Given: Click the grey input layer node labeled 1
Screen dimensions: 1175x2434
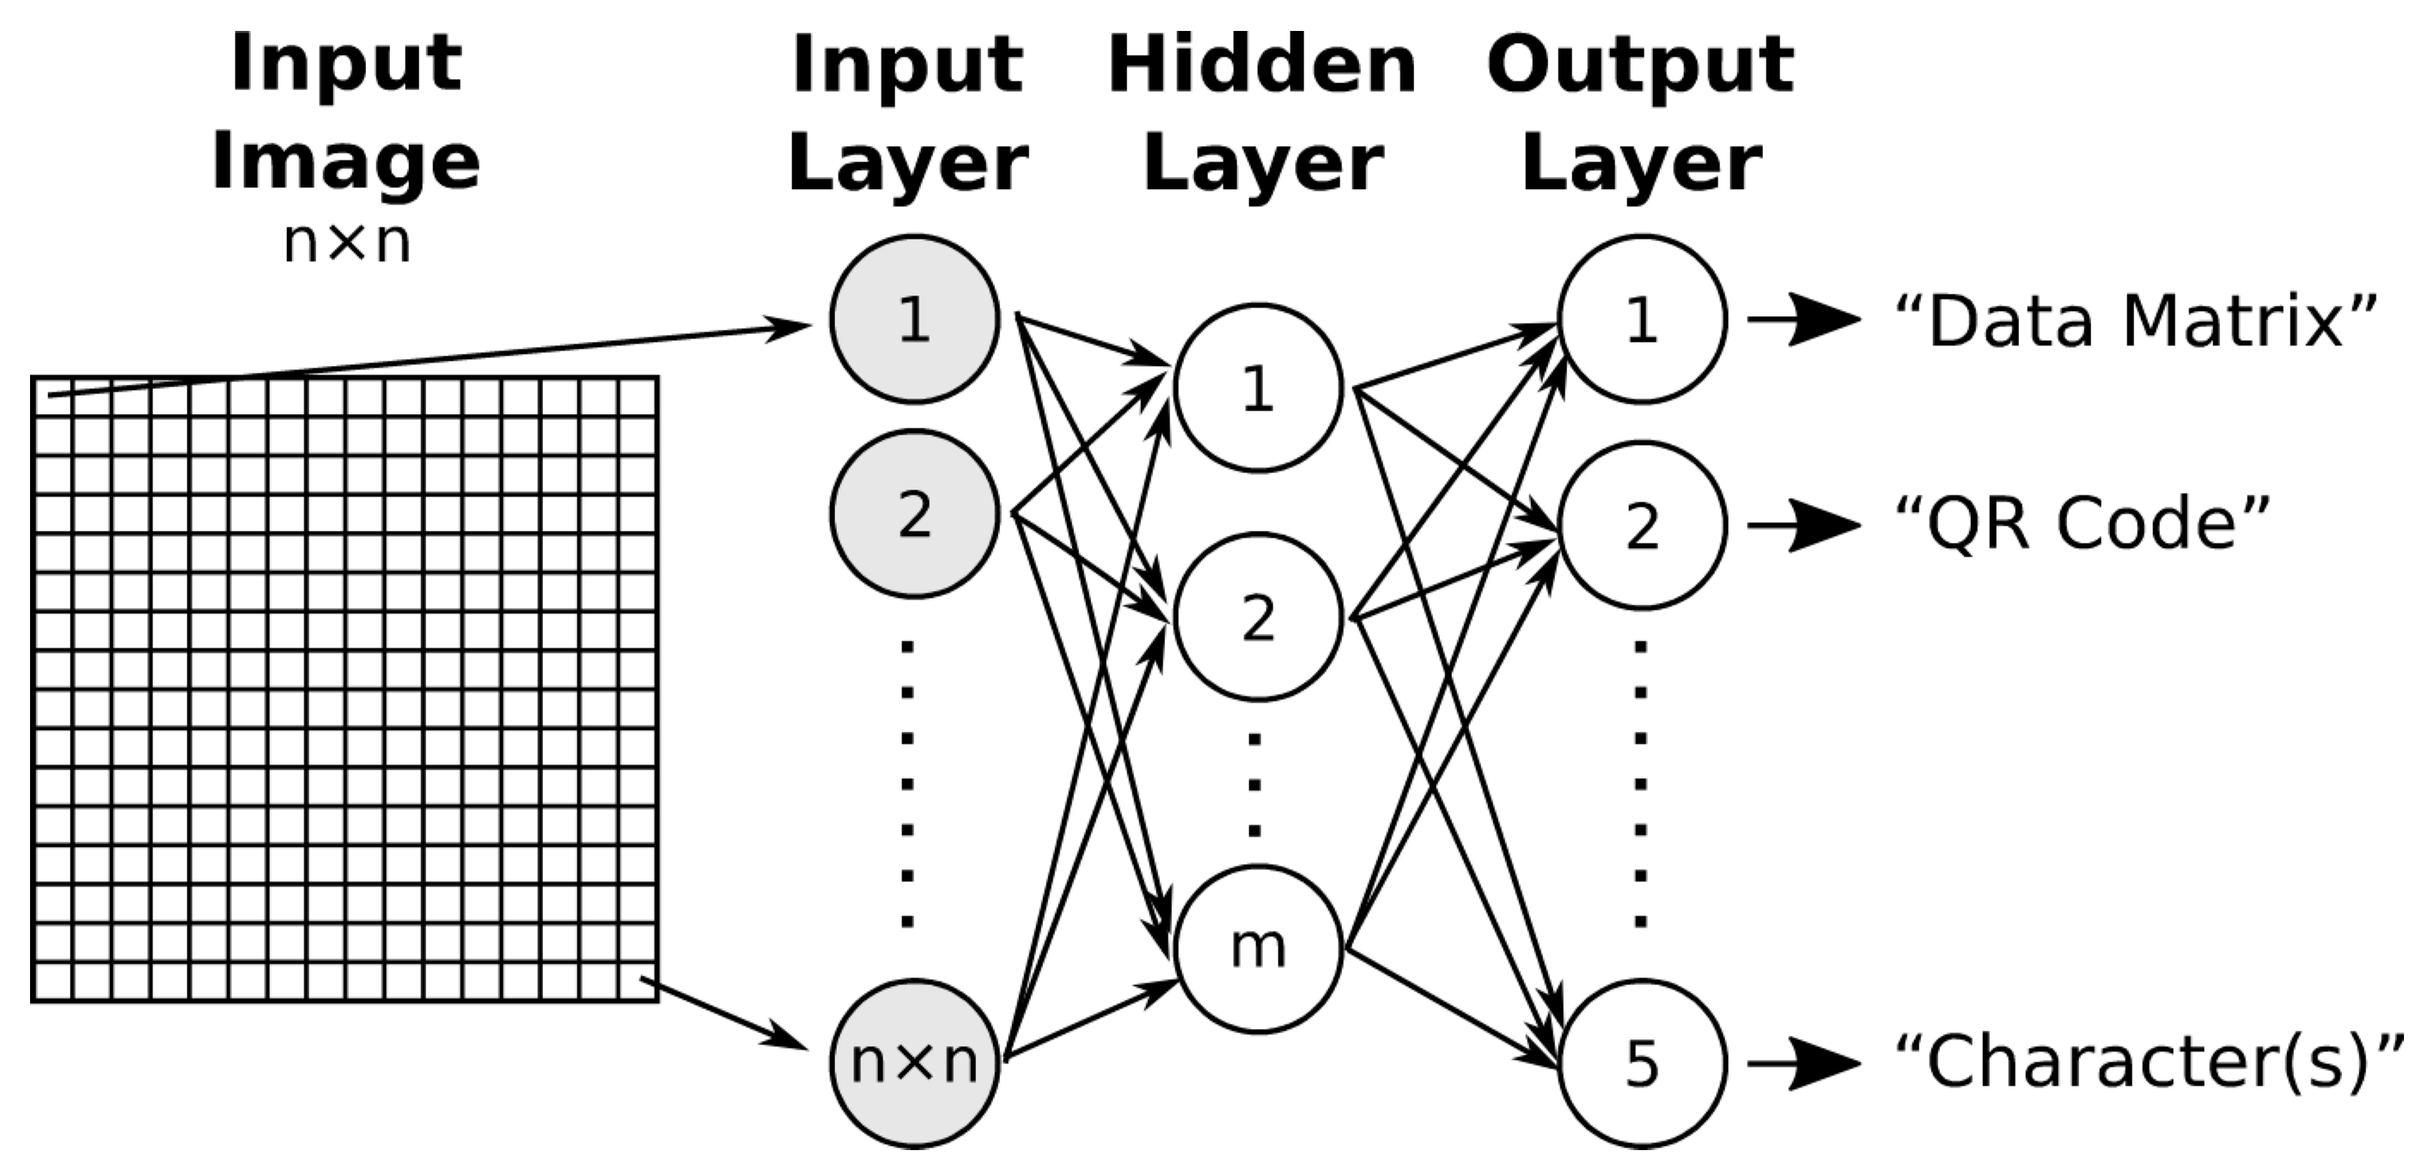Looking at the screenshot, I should click(913, 320).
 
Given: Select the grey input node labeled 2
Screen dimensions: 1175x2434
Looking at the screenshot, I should click(913, 514).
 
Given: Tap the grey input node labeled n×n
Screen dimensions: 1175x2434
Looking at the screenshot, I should click(913, 1062).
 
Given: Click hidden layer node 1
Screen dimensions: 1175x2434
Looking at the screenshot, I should click(1258, 387).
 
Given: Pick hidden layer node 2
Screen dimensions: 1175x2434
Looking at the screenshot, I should click(1258, 618).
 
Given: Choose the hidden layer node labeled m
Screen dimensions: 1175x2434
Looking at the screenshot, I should click(1258, 948).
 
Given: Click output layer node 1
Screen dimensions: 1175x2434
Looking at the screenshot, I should click(1641, 320).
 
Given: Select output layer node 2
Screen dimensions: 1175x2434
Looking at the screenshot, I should click(1641, 525).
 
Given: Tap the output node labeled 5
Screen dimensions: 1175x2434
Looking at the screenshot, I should click(1641, 1063).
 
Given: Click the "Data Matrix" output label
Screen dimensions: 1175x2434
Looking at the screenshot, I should click(2135, 321).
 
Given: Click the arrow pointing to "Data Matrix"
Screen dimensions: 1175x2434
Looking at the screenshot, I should click(1803, 320).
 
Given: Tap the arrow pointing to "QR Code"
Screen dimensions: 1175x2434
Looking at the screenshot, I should click(1803, 525).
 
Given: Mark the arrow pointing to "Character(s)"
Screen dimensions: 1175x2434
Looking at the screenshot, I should click(1803, 1063).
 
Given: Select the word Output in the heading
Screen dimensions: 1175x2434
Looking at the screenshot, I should click(1639, 66).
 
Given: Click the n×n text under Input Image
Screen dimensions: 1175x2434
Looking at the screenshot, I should click(347, 243).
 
